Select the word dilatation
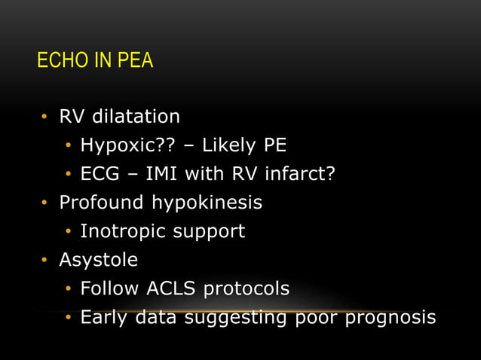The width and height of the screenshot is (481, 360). pyautogui.click(x=138, y=117)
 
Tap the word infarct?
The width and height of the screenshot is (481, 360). pyautogui.click(x=299, y=174)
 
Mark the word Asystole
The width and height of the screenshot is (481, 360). pyautogui.click(x=99, y=260)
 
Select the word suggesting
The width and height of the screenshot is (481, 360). pyautogui.click(x=237, y=318)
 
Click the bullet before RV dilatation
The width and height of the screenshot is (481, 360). pyautogui.click(x=45, y=117)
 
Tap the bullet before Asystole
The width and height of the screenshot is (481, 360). pyautogui.click(x=45, y=261)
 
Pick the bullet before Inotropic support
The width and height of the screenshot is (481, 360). pyautogui.click(x=67, y=232)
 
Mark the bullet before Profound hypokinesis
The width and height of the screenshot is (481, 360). pyautogui.click(x=45, y=203)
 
